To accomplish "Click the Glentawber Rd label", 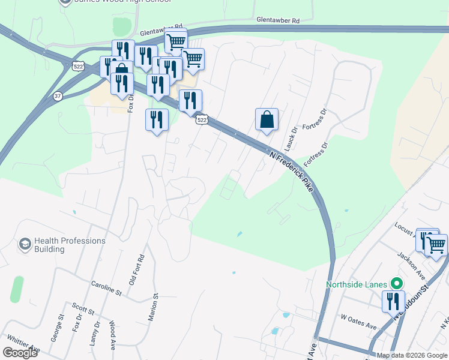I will tap(277, 20).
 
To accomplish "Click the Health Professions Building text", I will tap(70, 245).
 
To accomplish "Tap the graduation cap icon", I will tap(25, 244).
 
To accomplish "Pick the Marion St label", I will tap(155, 304).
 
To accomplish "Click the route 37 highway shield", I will tap(57, 95).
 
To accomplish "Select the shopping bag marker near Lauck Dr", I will tap(267, 119).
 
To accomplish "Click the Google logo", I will tap(20, 352).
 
